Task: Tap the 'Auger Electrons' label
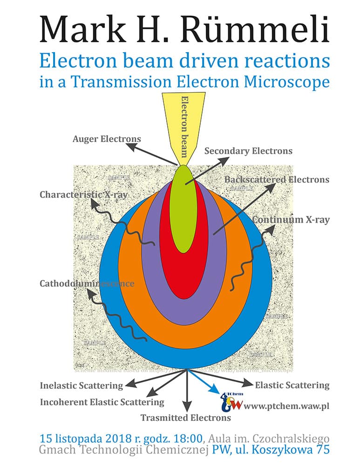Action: tap(107, 139)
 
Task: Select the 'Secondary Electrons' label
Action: tap(248, 151)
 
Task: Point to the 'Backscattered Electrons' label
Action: tap(277, 179)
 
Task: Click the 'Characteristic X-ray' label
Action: tap(83, 194)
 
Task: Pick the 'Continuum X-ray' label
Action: tap(291, 219)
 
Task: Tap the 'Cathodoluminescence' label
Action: tap(87, 283)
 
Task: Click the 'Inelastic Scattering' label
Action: tap(82, 385)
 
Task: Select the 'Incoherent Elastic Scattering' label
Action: tap(102, 402)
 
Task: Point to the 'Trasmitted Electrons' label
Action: tap(186, 418)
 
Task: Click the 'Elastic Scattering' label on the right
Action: tap(292, 385)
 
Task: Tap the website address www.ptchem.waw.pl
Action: tap(286, 406)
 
